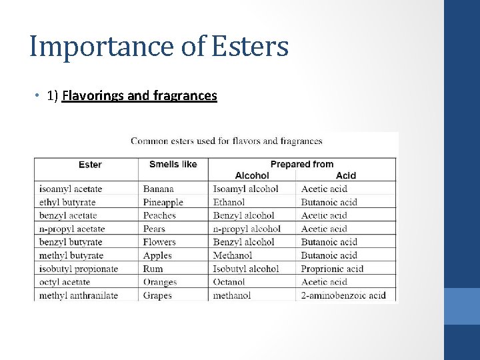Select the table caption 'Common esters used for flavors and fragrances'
tap(226, 141)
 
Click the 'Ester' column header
tap(90, 165)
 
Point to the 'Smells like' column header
tap(173, 164)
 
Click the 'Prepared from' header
tap(301, 164)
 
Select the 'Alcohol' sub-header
tap(252, 175)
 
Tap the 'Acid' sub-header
tap(346, 175)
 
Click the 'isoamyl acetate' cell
tap(71, 189)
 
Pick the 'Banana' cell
tap(158, 189)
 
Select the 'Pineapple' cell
tap(163, 202)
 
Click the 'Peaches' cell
tap(159, 215)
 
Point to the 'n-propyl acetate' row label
tap(72, 229)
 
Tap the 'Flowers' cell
tap(159, 242)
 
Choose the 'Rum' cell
tap(153, 269)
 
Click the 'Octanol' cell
tap(229, 282)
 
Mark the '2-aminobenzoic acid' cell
tap(343, 295)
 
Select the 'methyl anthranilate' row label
tap(79, 295)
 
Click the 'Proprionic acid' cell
tap(332, 269)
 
